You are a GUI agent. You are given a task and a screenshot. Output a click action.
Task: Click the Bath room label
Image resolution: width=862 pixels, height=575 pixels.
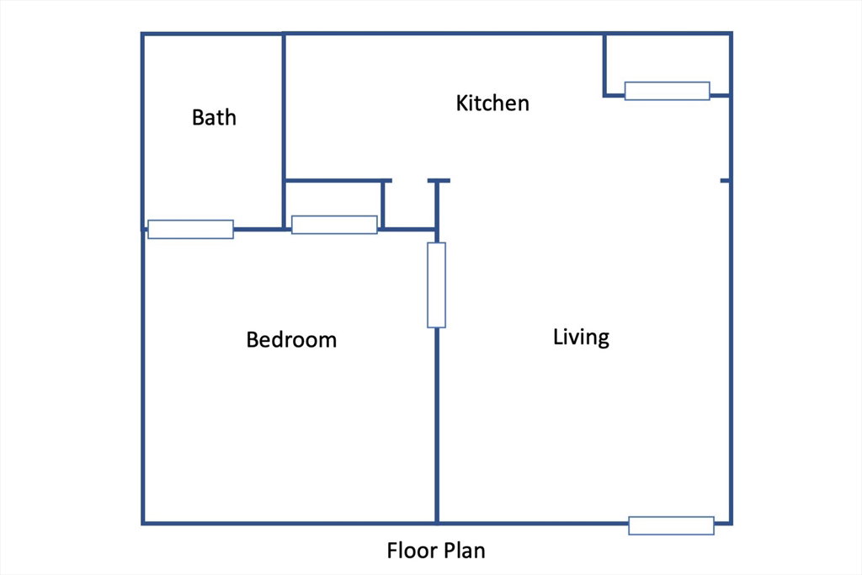click(214, 117)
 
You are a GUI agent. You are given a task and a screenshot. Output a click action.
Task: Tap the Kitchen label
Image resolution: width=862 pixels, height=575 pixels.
click(492, 103)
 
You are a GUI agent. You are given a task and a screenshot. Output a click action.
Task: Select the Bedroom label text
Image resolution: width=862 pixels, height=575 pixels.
click(291, 339)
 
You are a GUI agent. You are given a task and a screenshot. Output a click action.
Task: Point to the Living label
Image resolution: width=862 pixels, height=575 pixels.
click(581, 337)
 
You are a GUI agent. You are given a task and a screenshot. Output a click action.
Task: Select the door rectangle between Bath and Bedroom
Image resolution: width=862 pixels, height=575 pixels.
click(191, 229)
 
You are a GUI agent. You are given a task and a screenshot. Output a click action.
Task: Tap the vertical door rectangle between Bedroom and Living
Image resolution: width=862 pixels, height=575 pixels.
click(437, 285)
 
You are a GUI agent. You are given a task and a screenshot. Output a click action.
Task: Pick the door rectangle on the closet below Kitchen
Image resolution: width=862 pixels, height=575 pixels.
click(334, 225)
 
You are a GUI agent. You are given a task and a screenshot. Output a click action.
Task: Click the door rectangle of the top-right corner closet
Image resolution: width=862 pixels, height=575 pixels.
click(668, 91)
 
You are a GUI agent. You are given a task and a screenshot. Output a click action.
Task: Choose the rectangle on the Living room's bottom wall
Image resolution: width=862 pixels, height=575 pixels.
click(671, 525)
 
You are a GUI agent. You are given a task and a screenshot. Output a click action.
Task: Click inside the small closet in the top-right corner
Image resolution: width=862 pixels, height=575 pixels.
click(668, 60)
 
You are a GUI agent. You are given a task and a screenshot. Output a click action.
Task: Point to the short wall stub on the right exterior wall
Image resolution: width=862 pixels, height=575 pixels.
click(726, 180)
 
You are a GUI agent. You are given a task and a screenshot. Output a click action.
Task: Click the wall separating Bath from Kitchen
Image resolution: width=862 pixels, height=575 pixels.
click(284, 130)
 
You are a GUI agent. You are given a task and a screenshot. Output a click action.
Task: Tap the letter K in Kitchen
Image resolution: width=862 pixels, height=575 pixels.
click(462, 104)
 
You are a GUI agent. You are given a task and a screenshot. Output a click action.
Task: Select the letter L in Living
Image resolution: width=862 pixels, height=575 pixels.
click(557, 336)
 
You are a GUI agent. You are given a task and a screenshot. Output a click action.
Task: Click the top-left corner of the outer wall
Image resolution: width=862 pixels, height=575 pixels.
click(143, 34)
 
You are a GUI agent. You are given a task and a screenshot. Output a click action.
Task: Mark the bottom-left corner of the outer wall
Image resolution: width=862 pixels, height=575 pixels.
click(143, 523)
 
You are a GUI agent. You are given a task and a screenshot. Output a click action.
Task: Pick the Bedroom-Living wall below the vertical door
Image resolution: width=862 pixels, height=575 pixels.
click(437, 425)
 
